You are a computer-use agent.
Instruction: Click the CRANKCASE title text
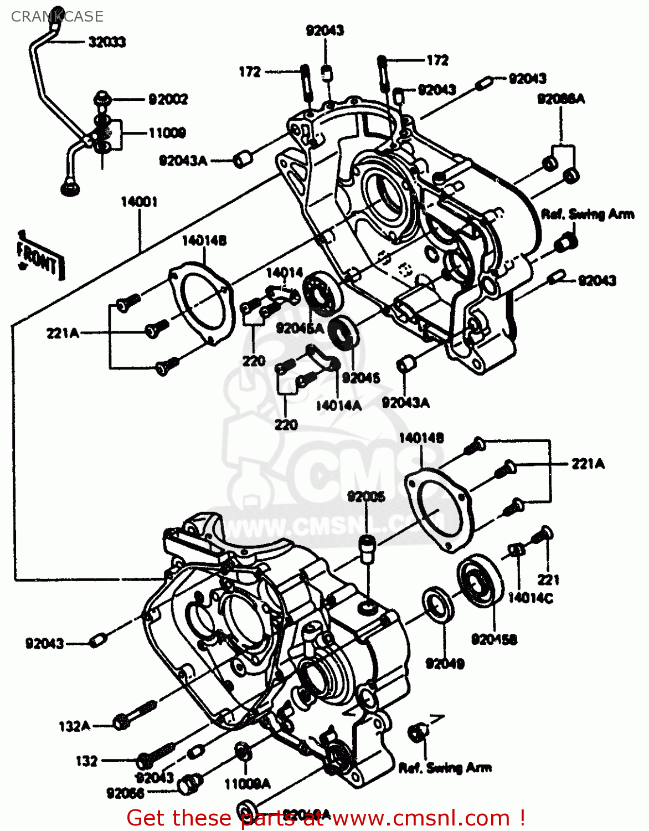[x=57, y=17]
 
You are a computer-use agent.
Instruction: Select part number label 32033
[x=107, y=42]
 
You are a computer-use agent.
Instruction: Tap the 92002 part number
[x=168, y=100]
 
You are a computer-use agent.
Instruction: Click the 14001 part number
[x=139, y=202]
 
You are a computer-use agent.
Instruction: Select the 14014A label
[x=338, y=406]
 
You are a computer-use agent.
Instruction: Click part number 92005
[x=366, y=496]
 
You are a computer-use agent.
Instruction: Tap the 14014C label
[x=530, y=598]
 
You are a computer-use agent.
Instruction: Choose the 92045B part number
[x=494, y=640]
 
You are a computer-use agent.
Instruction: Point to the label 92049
[x=445, y=663]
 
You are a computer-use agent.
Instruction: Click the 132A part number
[x=74, y=726]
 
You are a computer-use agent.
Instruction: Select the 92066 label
[x=125, y=794]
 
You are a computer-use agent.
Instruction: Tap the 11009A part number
[x=247, y=784]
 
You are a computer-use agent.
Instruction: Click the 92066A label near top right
[x=561, y=99]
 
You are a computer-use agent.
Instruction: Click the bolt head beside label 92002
[x=102, y=100]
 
